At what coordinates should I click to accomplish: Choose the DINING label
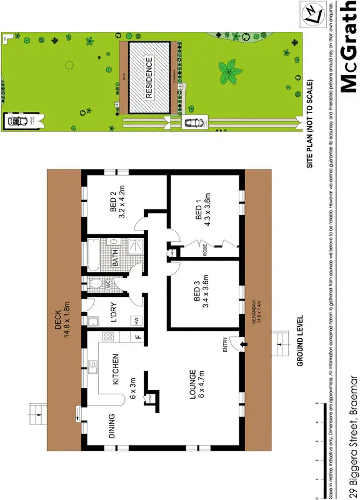coord(112,426)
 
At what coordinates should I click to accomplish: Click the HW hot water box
coord(135,321)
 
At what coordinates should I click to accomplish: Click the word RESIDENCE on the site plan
coord(149,78)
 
